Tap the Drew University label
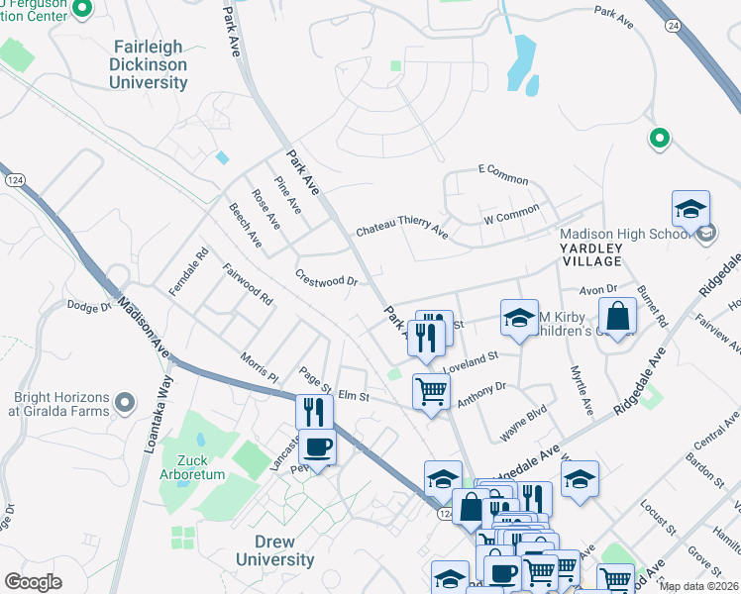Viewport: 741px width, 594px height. [x=275, y=550]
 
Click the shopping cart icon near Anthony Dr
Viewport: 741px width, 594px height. [x=431, y=391]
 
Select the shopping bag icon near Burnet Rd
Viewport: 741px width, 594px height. [x=617, y=317]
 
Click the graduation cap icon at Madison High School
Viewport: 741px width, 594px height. [x=690, y=209]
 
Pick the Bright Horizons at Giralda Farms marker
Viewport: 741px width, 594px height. [x=124, y=402]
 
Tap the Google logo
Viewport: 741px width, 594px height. [x=33, y=581]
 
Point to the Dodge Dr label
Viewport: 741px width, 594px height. [x=88, y=307]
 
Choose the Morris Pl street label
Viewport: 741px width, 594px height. [x=260, y=365]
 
